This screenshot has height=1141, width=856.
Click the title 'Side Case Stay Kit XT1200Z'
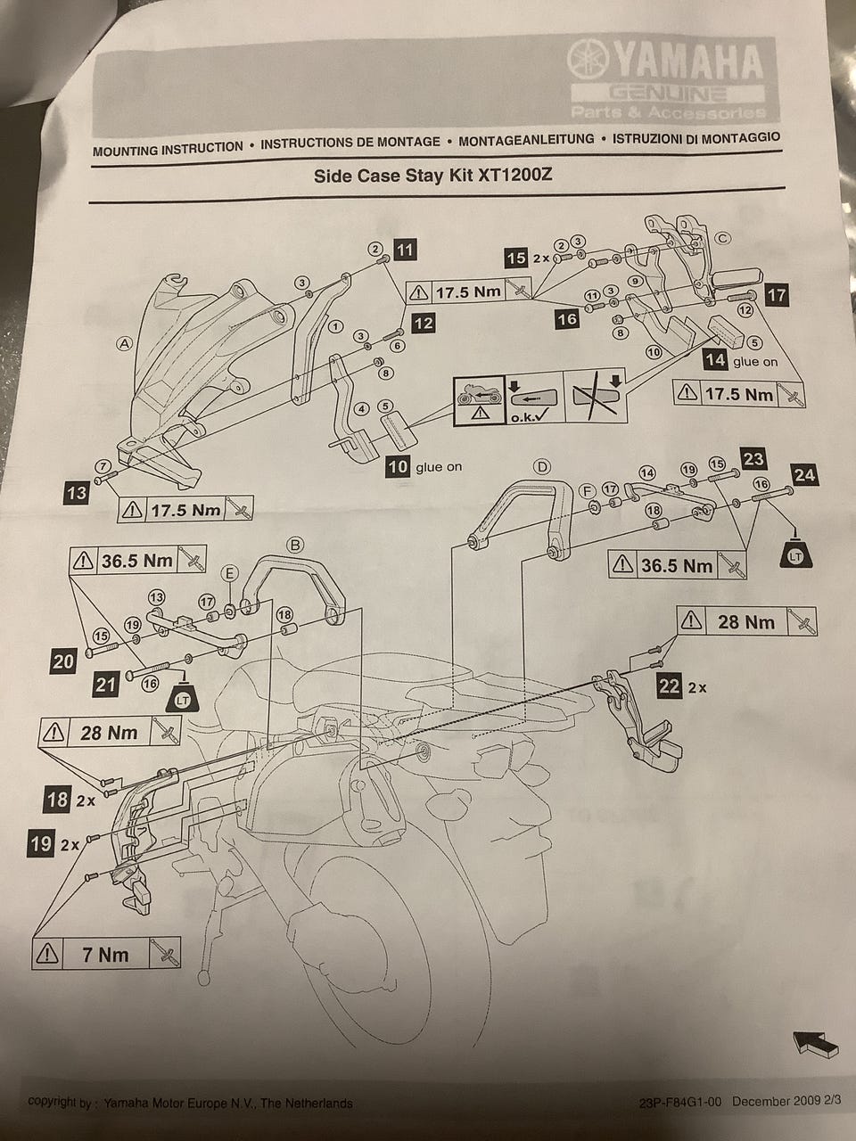[433, 175]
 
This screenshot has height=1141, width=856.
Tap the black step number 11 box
[405, 250]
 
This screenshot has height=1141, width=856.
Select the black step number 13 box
[78, 492]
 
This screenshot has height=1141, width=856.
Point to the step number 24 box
[804, 473]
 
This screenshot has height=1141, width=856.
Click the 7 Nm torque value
[105, 955]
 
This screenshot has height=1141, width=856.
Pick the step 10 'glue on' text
[439, 467]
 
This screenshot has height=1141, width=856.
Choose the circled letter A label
[124, 342]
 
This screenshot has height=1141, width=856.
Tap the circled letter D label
[540, 466]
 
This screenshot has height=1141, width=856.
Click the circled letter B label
[296, 545]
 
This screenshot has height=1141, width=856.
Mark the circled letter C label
[722, 238]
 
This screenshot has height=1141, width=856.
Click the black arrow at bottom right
[814, 1043]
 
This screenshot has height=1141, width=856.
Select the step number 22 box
[669, 686]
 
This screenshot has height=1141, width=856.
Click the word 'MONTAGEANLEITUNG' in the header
[526, 140]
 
